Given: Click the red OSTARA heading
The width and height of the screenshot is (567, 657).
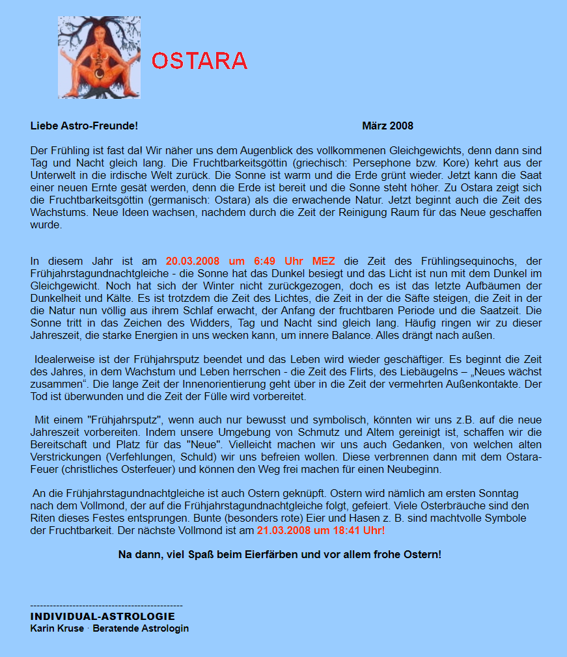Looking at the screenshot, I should [199, 60].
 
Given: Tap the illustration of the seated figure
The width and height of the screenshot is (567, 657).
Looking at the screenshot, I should [99, 57].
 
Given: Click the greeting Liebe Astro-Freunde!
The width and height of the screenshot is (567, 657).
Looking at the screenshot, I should [84, 126].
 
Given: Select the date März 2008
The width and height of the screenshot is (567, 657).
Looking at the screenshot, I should [387, 126].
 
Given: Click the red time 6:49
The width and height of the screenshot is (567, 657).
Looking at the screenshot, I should [266, 261].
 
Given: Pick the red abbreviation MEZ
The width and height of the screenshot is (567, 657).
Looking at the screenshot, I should [324, 261].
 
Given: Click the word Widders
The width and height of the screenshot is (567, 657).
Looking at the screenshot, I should [200, 323].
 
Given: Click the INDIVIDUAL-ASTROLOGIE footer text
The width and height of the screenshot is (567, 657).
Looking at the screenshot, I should [102, 616].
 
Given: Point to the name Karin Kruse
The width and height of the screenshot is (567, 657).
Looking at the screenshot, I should [57, 628].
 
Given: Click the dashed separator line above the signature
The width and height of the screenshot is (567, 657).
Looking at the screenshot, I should [106, 605].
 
